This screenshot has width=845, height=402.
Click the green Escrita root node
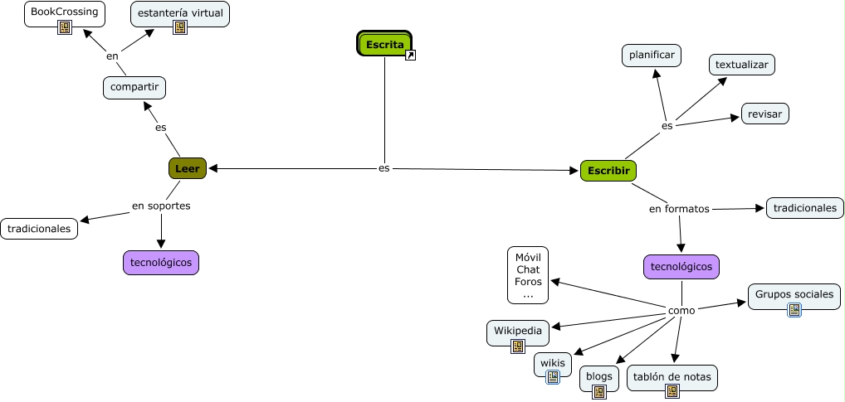(383, 44)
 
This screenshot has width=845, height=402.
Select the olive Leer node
(187, 168)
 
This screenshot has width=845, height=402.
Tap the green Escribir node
(608, 171)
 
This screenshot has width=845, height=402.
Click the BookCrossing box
(64, 12)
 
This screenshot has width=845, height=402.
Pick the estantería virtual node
(179, 13)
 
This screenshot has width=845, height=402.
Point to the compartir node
(134, 87)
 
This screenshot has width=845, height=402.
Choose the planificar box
(652, 56)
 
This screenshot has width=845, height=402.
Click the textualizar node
(742, 64)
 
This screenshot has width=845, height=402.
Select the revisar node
(764, 114)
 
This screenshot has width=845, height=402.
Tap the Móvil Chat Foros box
(528, 275)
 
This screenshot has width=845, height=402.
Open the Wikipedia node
(517, 331)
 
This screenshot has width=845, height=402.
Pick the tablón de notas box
(672, 376)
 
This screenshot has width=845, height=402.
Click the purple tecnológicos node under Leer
(161, 262)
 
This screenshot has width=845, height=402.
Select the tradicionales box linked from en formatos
(804, 207)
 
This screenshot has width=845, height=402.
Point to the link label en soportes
(161, 206)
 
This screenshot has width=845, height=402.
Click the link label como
(681, 310)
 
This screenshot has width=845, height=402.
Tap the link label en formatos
(679, 208)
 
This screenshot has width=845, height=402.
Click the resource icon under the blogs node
(598, 392)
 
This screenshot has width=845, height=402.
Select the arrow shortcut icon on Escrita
(410, 56)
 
